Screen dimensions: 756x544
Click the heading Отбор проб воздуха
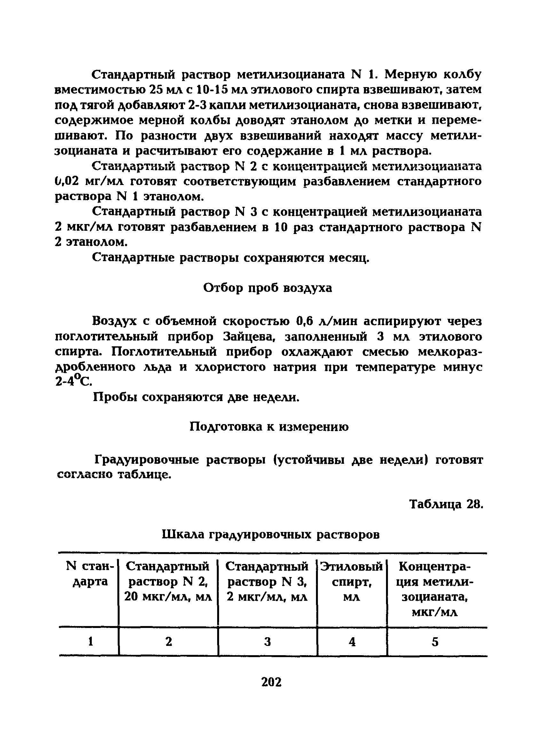267,288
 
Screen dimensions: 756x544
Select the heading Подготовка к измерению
269,426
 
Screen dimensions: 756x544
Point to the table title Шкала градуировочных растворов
271,534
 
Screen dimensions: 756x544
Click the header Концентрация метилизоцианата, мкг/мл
435,589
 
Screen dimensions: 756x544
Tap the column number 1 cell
90,642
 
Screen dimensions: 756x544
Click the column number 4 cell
352,642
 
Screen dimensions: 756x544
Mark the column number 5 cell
435,642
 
